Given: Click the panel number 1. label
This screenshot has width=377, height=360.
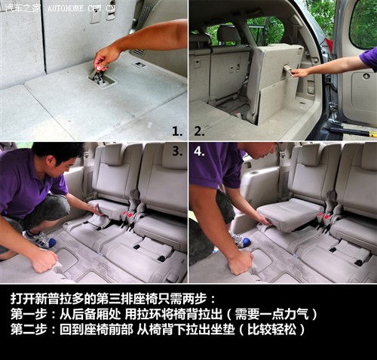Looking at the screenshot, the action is pyautogui.click(x=177, y=131).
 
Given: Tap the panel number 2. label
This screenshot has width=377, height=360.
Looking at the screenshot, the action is pyautogui.click(x=199, y=131).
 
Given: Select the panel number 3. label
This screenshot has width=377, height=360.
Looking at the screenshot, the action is pyautogui.click(x=177, y=151).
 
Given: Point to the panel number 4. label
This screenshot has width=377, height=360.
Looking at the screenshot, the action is pyautogui.click(x=199, y=151).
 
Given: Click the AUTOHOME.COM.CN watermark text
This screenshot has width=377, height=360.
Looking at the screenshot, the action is pyautogui.click(x=81, y=8).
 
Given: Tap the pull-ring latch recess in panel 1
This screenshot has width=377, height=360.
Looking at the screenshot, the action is pyautogui.click(x=102, y=79).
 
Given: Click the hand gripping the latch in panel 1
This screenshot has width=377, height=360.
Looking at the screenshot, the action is pyautogui.click(x=105, y=59).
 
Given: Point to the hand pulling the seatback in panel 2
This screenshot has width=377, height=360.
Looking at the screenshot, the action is pyautogui.click(x=300, y=72).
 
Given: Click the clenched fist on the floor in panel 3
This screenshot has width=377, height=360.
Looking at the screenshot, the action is pyautogui.click(x=44, y=261).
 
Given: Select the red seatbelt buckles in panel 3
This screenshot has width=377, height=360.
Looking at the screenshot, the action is pyautogui.click(x=127, y=215).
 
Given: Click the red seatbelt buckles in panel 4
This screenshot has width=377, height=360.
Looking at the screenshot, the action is pyautogui.click(x=323, y=216).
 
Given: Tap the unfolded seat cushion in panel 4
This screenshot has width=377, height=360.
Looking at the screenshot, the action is pyautogui.click(x=289, y=214).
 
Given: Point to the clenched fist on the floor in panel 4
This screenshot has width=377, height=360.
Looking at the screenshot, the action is pyautogui.click(x=240, y=263).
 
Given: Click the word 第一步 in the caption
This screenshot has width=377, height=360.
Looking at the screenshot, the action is pyautogui.click(x=29, y=314).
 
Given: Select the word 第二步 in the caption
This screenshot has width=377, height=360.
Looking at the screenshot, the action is pyautogui.click(x=29, y=329).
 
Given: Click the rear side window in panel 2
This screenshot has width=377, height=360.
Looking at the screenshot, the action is pyautogui.click(x=265, y=31).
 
